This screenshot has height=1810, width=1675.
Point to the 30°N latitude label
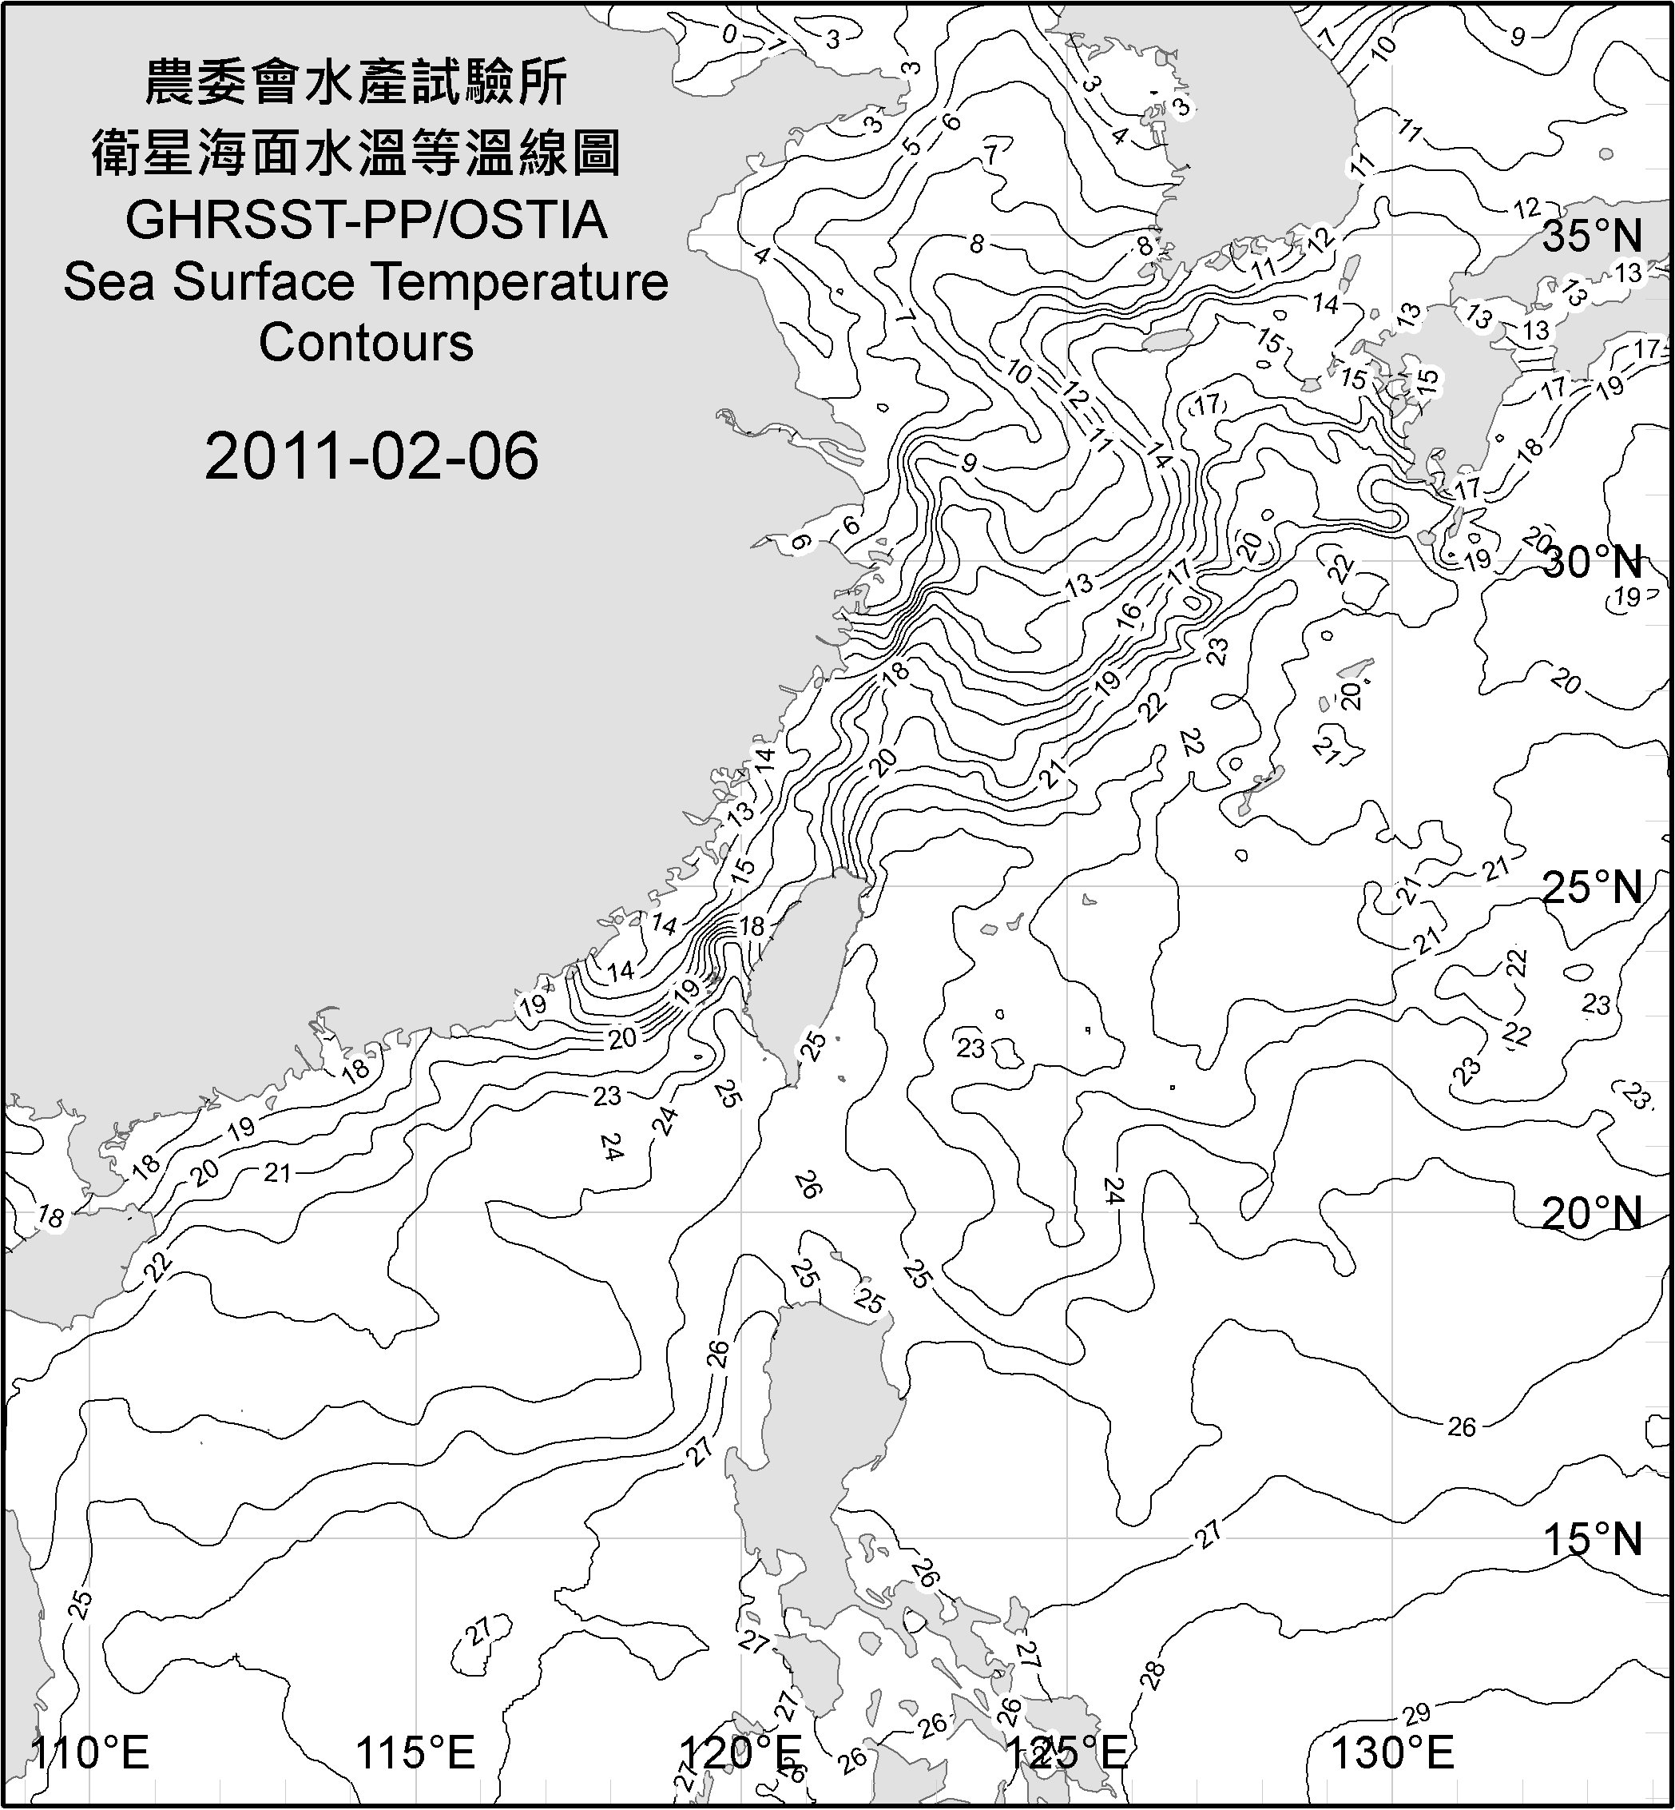click(x=1593, y=563)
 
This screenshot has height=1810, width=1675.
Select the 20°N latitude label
click(x=1593, y=1213)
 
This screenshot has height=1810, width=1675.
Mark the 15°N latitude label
click(x=1593, y=1539)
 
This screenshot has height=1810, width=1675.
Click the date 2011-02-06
click(x=371, y=456)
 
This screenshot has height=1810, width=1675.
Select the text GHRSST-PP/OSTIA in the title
click(x=366, y=221)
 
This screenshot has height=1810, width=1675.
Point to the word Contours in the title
click(x=366, y=343)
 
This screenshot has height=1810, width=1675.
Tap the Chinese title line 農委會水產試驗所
click(x=356, y=83)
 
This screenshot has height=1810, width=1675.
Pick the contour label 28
click(x=1153, y=1675)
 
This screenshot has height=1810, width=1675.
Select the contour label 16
click(x=1129, y=613)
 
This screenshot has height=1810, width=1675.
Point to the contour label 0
click(x=729, y=34)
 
